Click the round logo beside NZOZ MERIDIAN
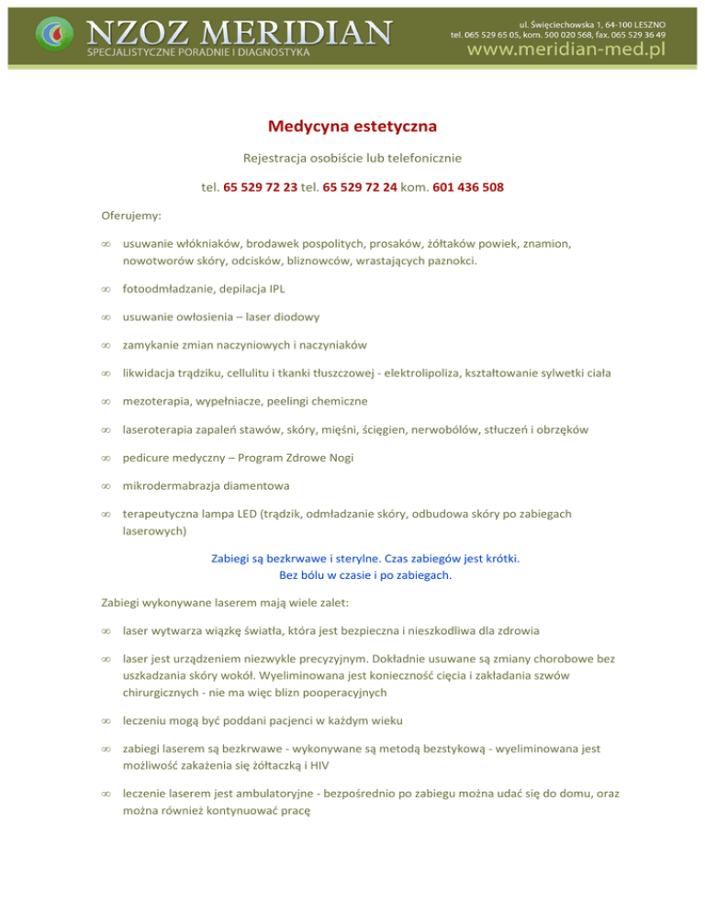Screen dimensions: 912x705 coord(51,34)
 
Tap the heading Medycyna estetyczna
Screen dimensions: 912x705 coord(352,125)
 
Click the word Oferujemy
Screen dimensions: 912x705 coord(130,217)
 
